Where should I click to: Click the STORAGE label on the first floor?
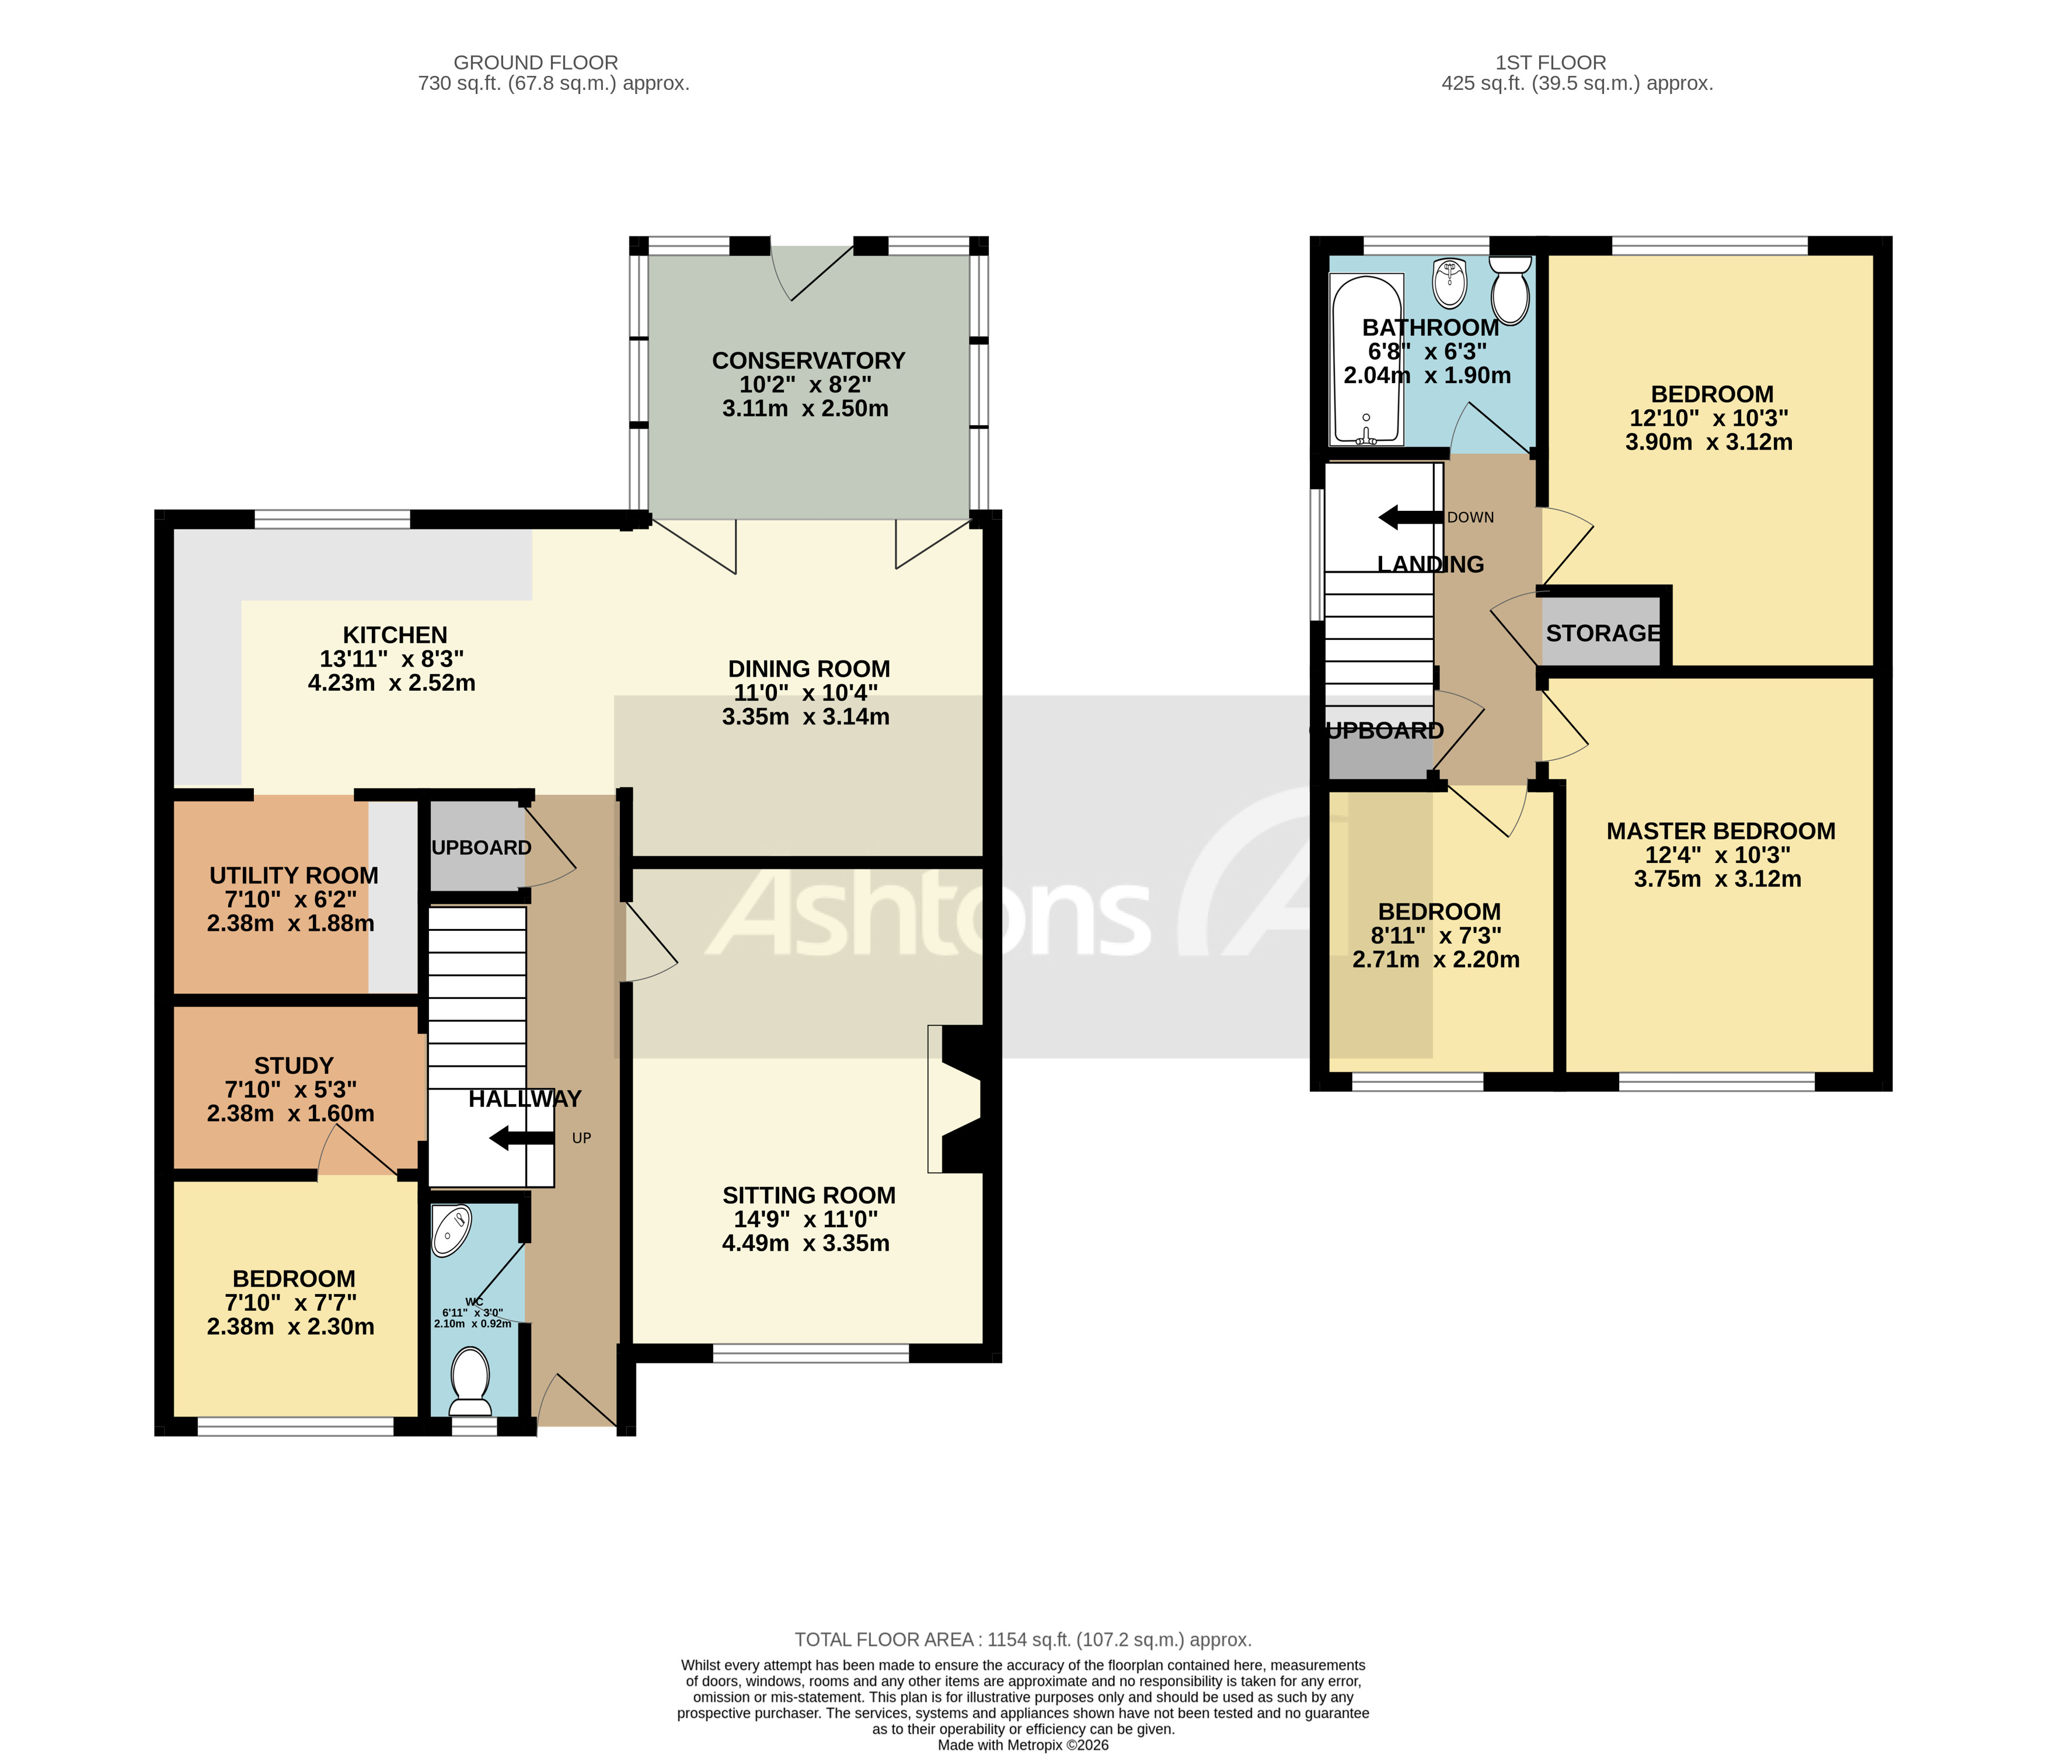point(1602,634)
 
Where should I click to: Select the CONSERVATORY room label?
point(808,361)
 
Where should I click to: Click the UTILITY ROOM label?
point(294,875)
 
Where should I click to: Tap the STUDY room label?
point(294,1065)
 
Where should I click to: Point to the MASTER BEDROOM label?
point(1720,831)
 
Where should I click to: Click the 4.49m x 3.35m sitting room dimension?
point(805,1243)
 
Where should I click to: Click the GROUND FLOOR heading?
point(535,62)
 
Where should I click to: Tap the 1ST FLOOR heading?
point(1550,62)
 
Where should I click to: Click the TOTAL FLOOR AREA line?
point(1023,1640)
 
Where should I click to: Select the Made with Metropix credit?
point(1023,1745)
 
